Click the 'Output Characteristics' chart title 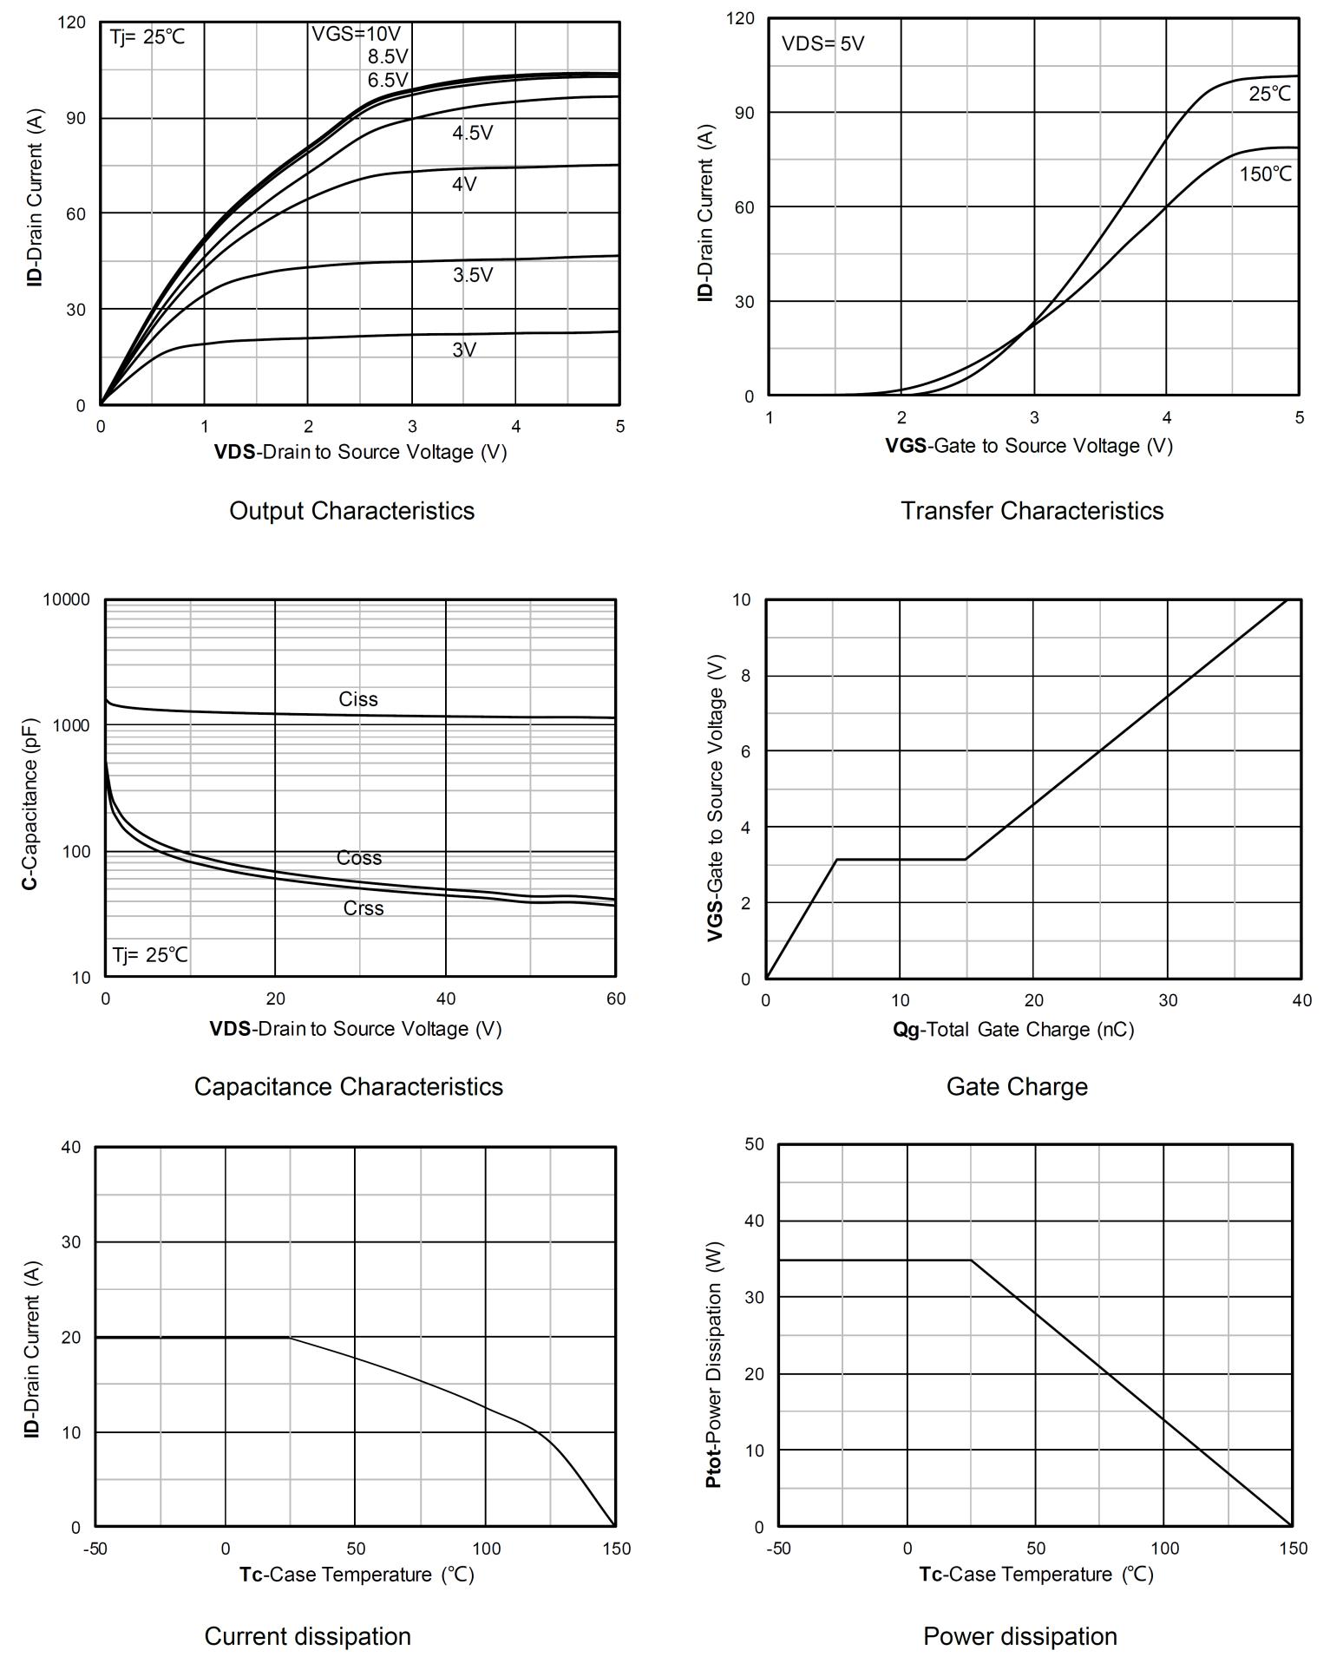tap(351, 510)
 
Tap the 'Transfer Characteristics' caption tap(1032, 510)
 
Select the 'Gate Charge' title tap(1016, 1086)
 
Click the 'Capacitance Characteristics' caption tap(348, 1086)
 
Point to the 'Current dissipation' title tap(307, 1636)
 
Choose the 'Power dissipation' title tap(1019, 1636)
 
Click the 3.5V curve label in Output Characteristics tap(472, 275)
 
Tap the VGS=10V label tap(357, 34)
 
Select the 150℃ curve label tap(1265, 174)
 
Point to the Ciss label tap(358, 699)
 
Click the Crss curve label tap(363, 908)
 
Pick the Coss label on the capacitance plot tap(359, 858)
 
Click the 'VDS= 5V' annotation tap(822, 43)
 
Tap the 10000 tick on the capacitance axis tap(67, 600)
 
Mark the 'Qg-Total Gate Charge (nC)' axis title tap(1012, 1030)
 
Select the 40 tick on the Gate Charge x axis tap(1301, 1000)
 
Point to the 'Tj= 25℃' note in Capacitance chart tap(149, 955)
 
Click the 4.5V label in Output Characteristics tap(472, 133)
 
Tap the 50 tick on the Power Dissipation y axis tap(754, 1144)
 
